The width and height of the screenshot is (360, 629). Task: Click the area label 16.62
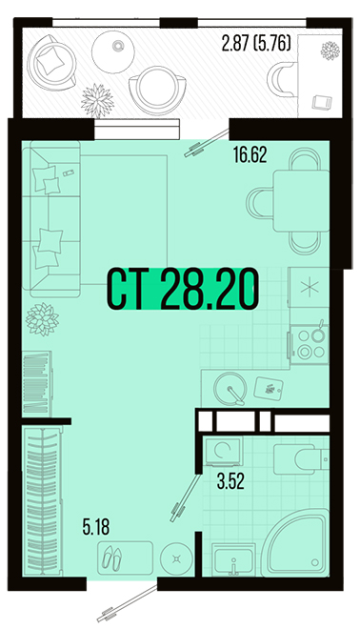(x=250, y=154)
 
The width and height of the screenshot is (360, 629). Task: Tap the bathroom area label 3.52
(x=230, y=482)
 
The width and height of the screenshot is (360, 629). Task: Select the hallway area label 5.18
(x=96, y=527)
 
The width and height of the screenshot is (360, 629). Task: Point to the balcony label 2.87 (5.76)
(x=256, y=44)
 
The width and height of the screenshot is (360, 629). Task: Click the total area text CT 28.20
(x=182, y=289)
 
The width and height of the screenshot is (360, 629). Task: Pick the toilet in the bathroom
(x=302, y=458)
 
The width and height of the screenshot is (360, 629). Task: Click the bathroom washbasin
(x=233, y=560)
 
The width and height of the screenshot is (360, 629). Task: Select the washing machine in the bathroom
(x=223, y=451)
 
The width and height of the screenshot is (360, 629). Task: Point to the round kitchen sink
(x=230, y=389)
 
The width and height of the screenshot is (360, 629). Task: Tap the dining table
(x=301, y=201)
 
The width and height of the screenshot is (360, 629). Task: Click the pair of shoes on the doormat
(x=111, y=558)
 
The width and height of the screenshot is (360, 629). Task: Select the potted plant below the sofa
(x=42, y=319)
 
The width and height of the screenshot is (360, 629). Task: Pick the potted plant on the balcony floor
(x=97, y=100)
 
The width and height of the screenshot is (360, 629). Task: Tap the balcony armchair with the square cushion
(x=51, y=62)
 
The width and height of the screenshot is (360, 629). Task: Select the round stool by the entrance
(x=177, y=558)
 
